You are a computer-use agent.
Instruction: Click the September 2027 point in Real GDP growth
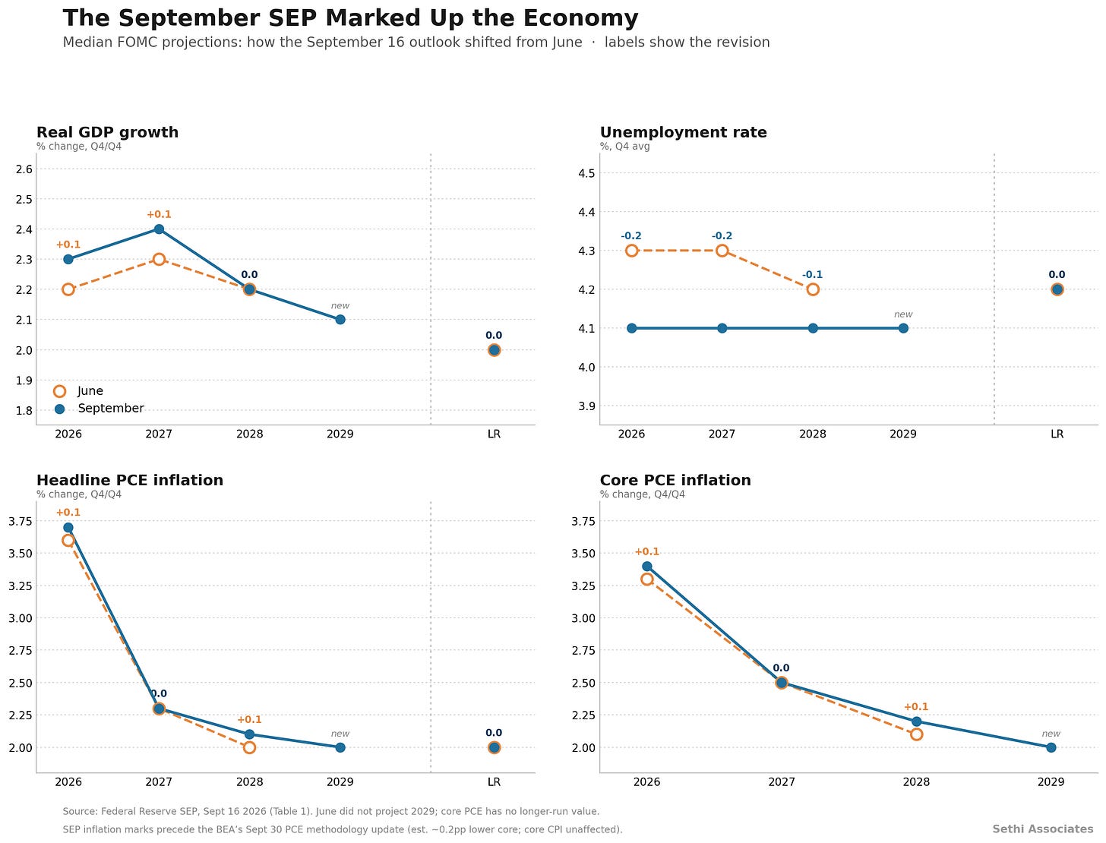click(159, 229)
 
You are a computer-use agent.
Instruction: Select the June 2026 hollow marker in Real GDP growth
click(68, 289)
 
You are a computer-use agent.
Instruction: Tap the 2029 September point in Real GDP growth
click(340, 320)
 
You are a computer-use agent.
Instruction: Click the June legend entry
click(78, 391)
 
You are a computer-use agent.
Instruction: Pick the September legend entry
click(99, 409)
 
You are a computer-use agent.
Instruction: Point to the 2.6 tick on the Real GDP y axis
click(24, 169)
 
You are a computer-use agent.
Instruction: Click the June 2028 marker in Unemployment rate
click(812, 289)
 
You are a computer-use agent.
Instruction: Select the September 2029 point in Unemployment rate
click(903, 328)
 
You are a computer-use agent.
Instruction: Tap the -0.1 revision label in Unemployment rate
click(812, 275)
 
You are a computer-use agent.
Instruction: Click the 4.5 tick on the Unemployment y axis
click(586, 174)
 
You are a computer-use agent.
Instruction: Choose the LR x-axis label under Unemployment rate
click(1057, 434)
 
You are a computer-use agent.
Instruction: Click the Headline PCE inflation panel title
click(130, 481)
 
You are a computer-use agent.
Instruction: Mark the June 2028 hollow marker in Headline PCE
click(249, 748)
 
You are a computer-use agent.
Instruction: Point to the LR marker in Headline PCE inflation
click(494, 748)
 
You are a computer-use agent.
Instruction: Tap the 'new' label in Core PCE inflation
click(1051, 734)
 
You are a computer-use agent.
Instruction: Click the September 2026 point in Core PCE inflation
click(647, 567)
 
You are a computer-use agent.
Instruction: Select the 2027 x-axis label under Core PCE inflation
click(781, 782)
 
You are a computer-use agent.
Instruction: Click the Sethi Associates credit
click(1042, 829)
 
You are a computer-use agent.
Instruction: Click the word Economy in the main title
click(580, 19)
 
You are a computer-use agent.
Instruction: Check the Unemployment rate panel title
click(683, 132)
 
